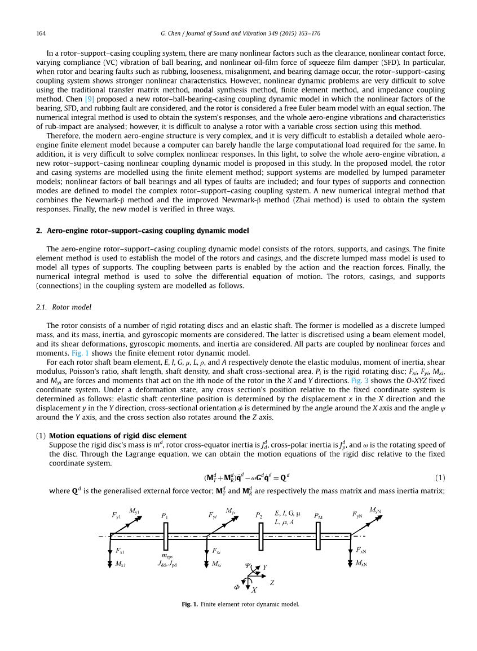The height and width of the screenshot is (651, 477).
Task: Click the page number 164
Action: pyautogui.click(x=41, y=34)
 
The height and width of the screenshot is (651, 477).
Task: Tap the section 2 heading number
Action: pyautogui.click(x=38, y=231)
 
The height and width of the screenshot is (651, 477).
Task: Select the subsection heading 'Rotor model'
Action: pyautogui.click(x=72, y=307)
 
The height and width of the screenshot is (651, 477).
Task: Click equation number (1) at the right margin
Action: pyautogui.click(x=440, y=477)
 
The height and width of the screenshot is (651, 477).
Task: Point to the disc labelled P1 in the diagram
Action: pyautogui.click(x=166, y=536)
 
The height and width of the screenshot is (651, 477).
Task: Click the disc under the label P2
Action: pyautogui.click(x=261, y=536)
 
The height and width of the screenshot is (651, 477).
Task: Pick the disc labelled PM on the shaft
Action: pyautogui.click(x=319, y=536)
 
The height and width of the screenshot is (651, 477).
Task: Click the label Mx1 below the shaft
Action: pyautogui.click(x=120, y=564)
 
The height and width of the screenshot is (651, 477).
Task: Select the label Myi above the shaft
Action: pyautogui.click(x=231, y=511)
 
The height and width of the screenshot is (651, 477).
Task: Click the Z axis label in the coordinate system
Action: pyautogui.click(x=272, y=583)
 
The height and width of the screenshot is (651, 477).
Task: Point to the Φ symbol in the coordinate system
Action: pyautogui.click(x=237, y=587)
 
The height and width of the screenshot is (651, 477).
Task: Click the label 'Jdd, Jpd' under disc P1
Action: pyautogui.click(x=167, y=564)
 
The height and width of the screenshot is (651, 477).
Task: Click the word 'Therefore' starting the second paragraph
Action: pyautogui.click(x=63, y=136)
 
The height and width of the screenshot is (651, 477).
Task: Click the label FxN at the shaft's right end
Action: pyautogui.click(x=361, y=550)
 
